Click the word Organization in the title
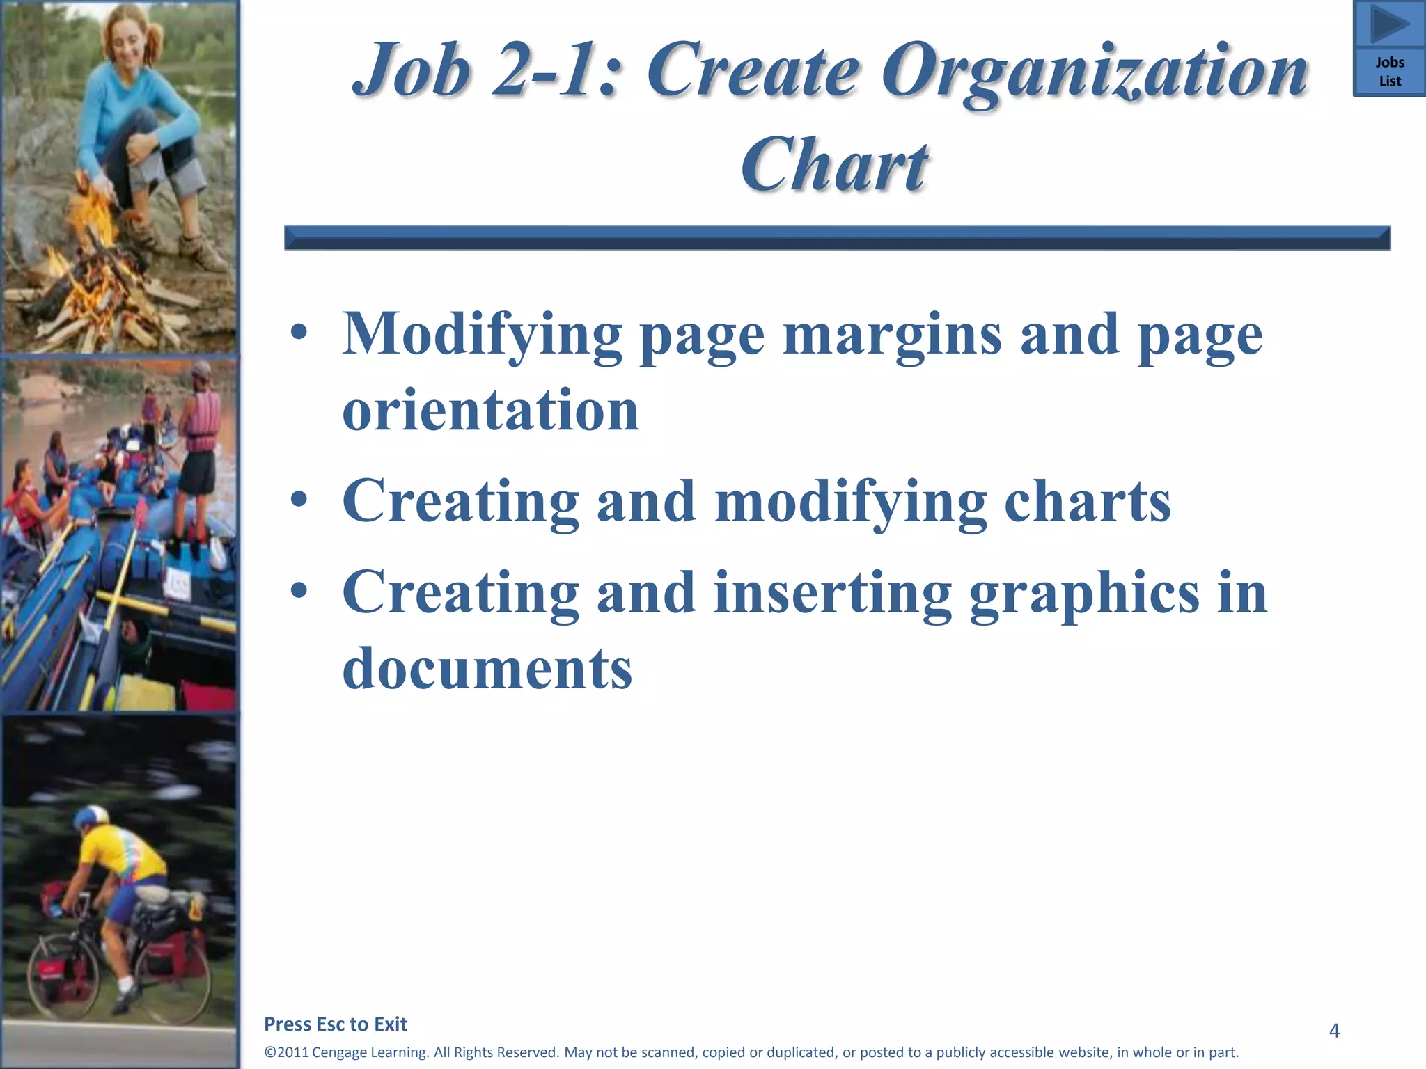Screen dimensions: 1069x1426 [1095, 71]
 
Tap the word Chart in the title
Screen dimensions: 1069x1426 [834, 164]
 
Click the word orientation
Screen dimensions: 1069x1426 [491, 411]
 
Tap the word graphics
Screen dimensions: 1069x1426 [1084, 594]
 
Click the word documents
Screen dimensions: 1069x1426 [487, 668]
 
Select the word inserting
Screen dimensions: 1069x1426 [833, 593]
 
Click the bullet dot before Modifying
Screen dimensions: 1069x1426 [299, 333]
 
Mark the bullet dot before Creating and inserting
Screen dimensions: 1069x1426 [299, 591]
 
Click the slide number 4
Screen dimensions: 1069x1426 [1334, 1030]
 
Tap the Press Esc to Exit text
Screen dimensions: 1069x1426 [336, 1024]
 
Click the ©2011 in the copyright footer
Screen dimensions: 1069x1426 [286, 1052]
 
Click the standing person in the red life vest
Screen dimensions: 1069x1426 [200, 431]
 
